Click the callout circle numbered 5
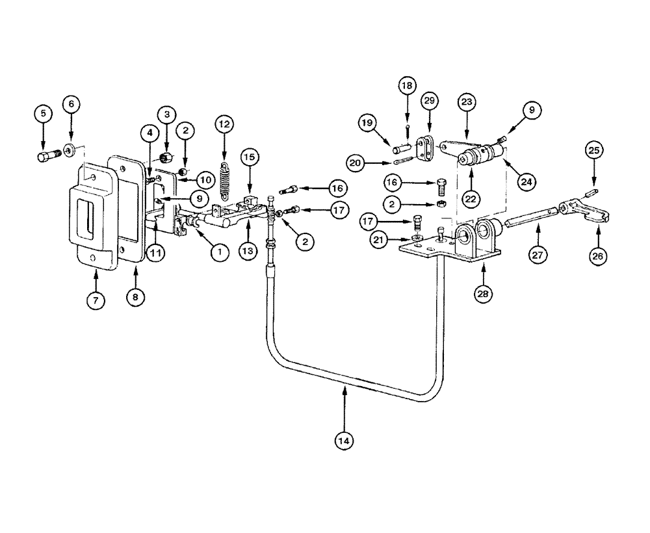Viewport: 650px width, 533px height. coord(44,113)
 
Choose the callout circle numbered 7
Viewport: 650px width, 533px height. coord(96,300)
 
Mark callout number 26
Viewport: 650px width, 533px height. coord(598,256)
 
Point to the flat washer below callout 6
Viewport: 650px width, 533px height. coord(70,150)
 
